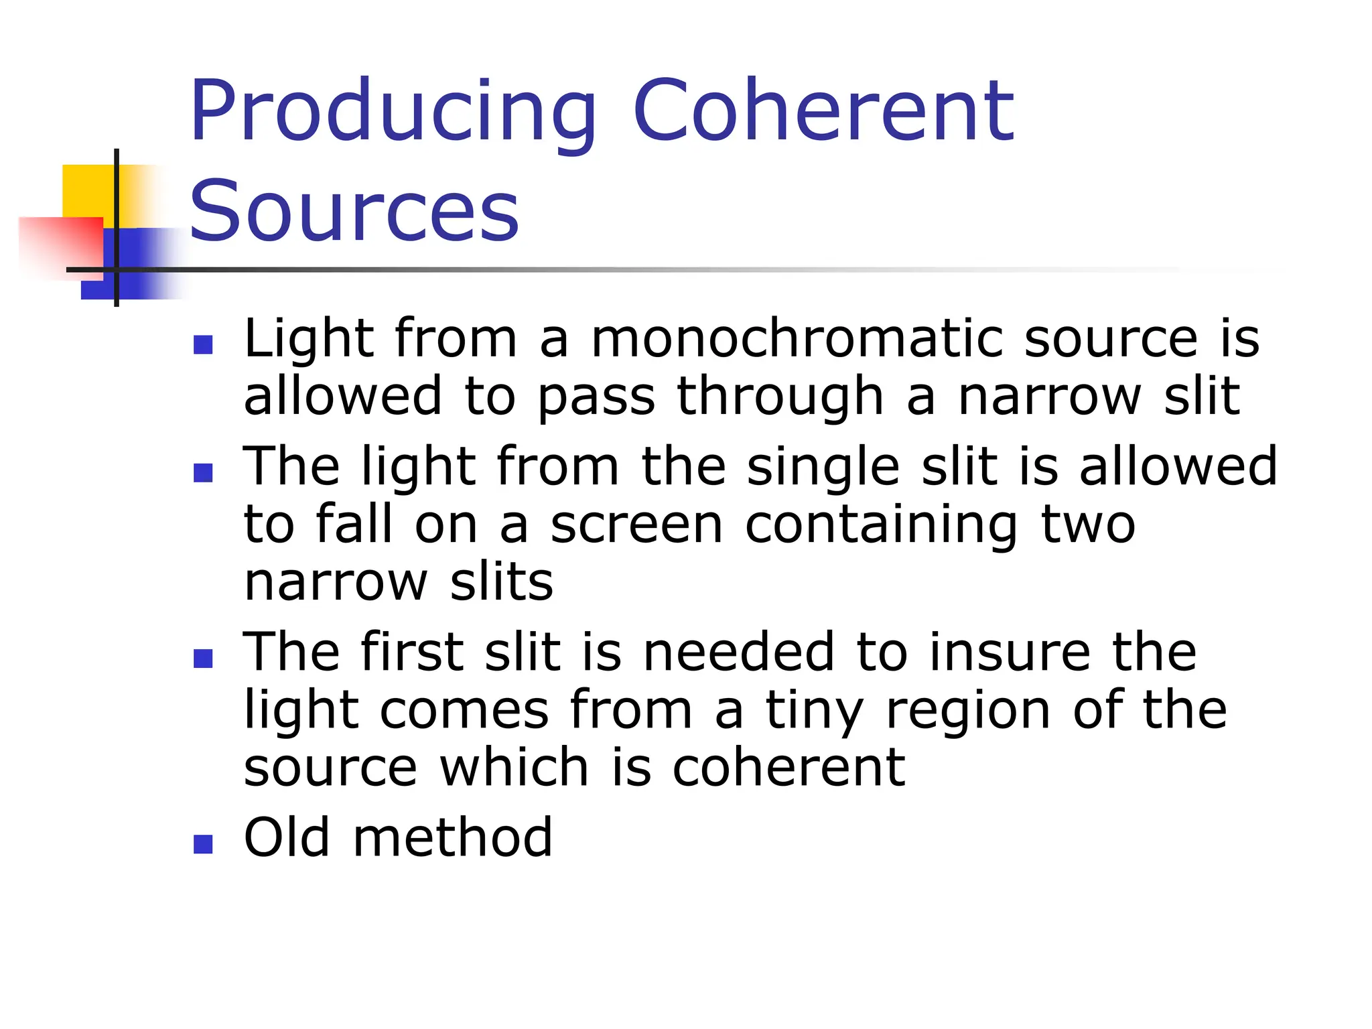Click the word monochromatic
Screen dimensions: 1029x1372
pos(797,338)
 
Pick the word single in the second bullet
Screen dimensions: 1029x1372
pos(823,466)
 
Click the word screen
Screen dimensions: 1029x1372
pos(636,525)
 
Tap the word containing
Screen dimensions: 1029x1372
pos(882,525)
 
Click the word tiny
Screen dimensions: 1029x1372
pos(815,710)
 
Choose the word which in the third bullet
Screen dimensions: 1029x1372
pos(514,767)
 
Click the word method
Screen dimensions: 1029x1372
pos(453,837)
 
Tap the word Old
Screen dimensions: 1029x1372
pos(287,837)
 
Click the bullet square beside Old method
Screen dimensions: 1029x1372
pos(203,843)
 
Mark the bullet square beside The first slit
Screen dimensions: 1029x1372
pos(203,659)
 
